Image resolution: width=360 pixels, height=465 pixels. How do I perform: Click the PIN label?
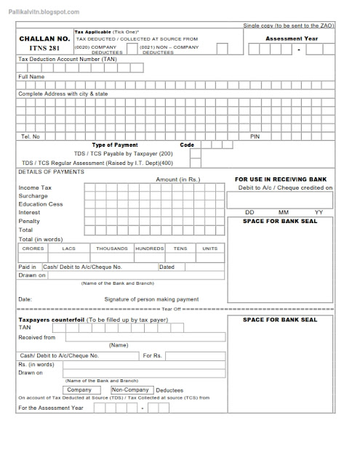coord(255,137)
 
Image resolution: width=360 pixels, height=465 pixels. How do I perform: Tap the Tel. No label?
coord(31,137)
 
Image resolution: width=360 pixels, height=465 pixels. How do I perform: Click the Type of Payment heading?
coord(115,145)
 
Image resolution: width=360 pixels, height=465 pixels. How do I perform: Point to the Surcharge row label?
coord(33,196)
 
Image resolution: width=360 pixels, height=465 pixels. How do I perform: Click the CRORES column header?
coord(33,248)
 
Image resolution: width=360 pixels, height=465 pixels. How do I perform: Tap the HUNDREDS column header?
coord(149,248)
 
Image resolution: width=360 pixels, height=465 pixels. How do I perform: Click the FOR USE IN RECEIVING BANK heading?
coord(280,179)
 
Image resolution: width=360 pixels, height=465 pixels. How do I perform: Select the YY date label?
coord(318,212)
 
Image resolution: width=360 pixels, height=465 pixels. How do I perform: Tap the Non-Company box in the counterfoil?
coord(130,389)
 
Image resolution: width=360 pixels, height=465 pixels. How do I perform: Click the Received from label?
coord(36,337)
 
